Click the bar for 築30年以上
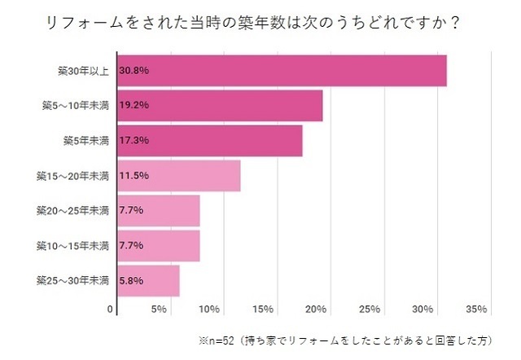282,70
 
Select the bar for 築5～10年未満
220,105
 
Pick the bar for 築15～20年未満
179,175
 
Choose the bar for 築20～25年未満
159,210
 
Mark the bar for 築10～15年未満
159,245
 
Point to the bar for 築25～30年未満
149,280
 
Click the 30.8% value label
134,70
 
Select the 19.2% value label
134,105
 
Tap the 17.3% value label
134,140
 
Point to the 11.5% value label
134,175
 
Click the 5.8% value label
131,280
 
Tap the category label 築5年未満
85,140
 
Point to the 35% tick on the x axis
476,310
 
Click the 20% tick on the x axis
316,310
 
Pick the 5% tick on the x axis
159,310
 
